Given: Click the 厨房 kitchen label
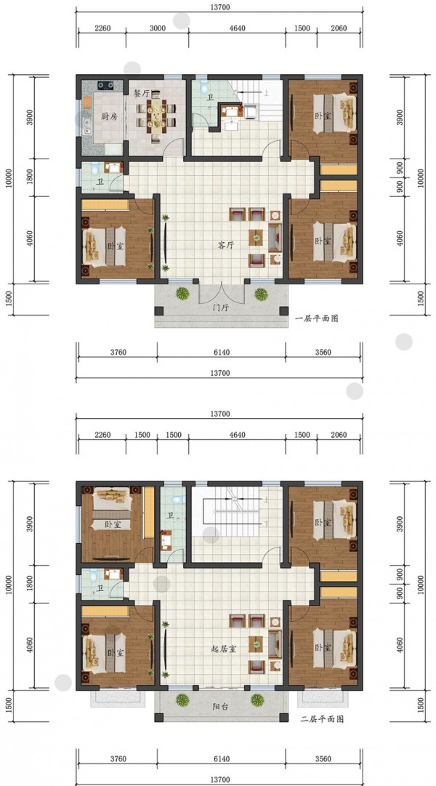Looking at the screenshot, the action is coord(109,116).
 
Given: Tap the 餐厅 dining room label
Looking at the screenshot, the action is coord(141,93).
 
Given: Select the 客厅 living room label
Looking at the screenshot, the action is coord(227,245).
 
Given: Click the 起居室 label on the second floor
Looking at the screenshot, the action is coord(224,649).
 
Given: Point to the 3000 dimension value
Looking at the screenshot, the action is coord(158,28).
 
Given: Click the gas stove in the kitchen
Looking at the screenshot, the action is coord(106,85).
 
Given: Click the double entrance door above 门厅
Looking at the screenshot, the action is coord(221,294).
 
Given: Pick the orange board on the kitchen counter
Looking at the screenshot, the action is coord(87,103).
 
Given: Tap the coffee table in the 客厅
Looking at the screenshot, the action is coord(256,237).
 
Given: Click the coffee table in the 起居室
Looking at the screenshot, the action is coord(256,643).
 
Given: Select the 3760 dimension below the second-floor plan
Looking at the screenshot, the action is coord(118,758).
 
